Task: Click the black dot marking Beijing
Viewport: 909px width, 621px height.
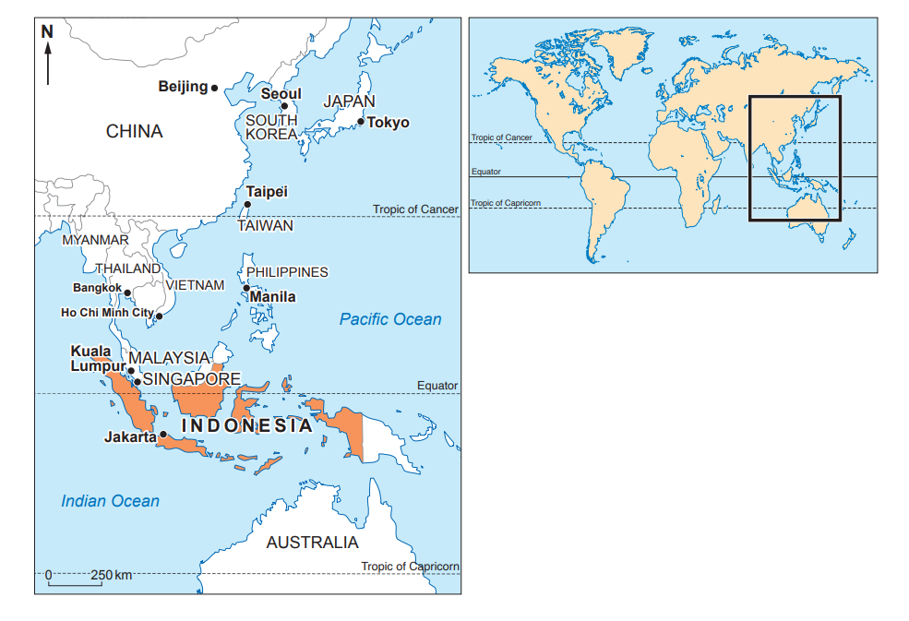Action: pos(215,88)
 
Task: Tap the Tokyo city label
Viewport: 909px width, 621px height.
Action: pos(389,123)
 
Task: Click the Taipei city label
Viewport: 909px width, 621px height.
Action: pos(267,192)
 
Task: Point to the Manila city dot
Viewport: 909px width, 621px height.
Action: pos(246,289)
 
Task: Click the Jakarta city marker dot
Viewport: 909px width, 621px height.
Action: pos(163,435)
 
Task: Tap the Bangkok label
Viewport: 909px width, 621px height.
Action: pos(97,287)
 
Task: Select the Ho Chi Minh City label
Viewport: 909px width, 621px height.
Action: pos(107,313)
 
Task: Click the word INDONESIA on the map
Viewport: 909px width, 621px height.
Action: pos(246,426)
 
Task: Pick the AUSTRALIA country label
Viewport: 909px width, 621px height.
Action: pos(312,543)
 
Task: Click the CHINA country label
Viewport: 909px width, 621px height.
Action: pos(134,131)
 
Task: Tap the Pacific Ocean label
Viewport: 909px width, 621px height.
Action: pos(390,319)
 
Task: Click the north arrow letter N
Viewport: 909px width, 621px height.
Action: pos(48,31)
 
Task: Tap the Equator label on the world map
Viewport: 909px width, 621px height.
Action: pos(485,172)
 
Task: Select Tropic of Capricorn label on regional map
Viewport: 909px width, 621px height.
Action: pos(410,567)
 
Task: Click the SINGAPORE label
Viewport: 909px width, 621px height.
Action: pos(192,379)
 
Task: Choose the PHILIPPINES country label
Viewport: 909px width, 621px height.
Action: pos(287,272)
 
